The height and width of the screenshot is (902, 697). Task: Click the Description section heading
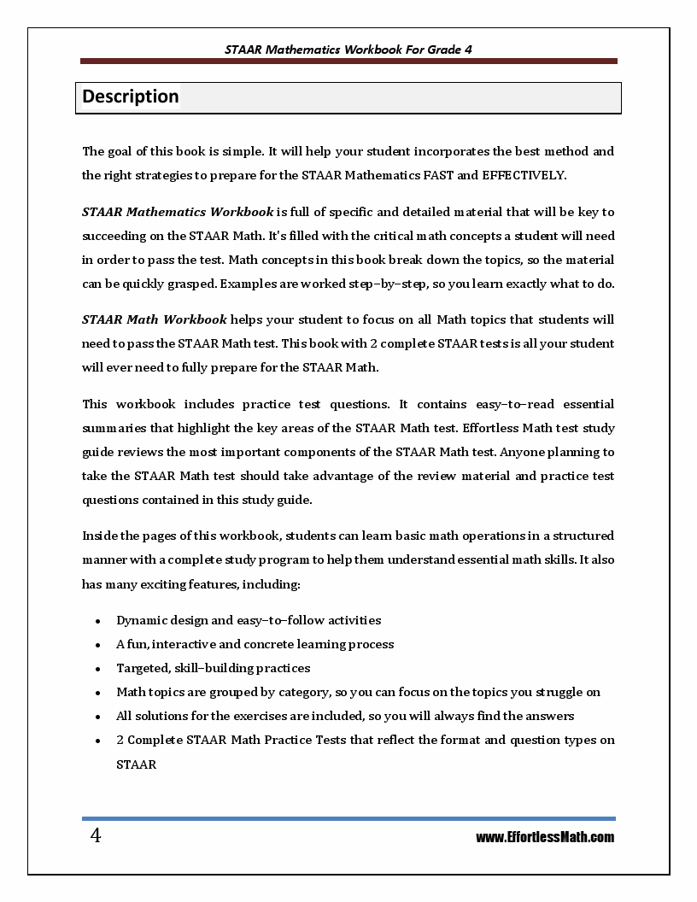click(x=131, y=97)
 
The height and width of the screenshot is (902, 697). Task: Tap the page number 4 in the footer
click(x=96, y=836)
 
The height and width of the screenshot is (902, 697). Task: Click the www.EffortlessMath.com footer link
click(x=545, y=837)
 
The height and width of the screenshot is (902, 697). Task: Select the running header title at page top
click(x=348, y=50)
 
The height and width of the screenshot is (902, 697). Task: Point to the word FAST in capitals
click(x=433, y=175)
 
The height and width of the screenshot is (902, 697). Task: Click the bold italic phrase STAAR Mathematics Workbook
click(x=178, y=212)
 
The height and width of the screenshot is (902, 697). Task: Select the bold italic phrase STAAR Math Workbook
click(x=155, y=319)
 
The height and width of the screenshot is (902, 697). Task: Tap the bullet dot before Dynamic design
click(x=99, y=621)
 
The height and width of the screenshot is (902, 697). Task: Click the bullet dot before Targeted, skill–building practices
click(x=99, y=669)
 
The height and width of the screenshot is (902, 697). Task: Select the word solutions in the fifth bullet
click(x=161, y=716)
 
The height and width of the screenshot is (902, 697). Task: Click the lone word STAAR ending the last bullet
click(x=136, y=764)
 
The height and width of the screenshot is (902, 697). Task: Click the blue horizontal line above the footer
click(x=348, y=818)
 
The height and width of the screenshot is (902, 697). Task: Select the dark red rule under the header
click(x=348, y=61)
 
